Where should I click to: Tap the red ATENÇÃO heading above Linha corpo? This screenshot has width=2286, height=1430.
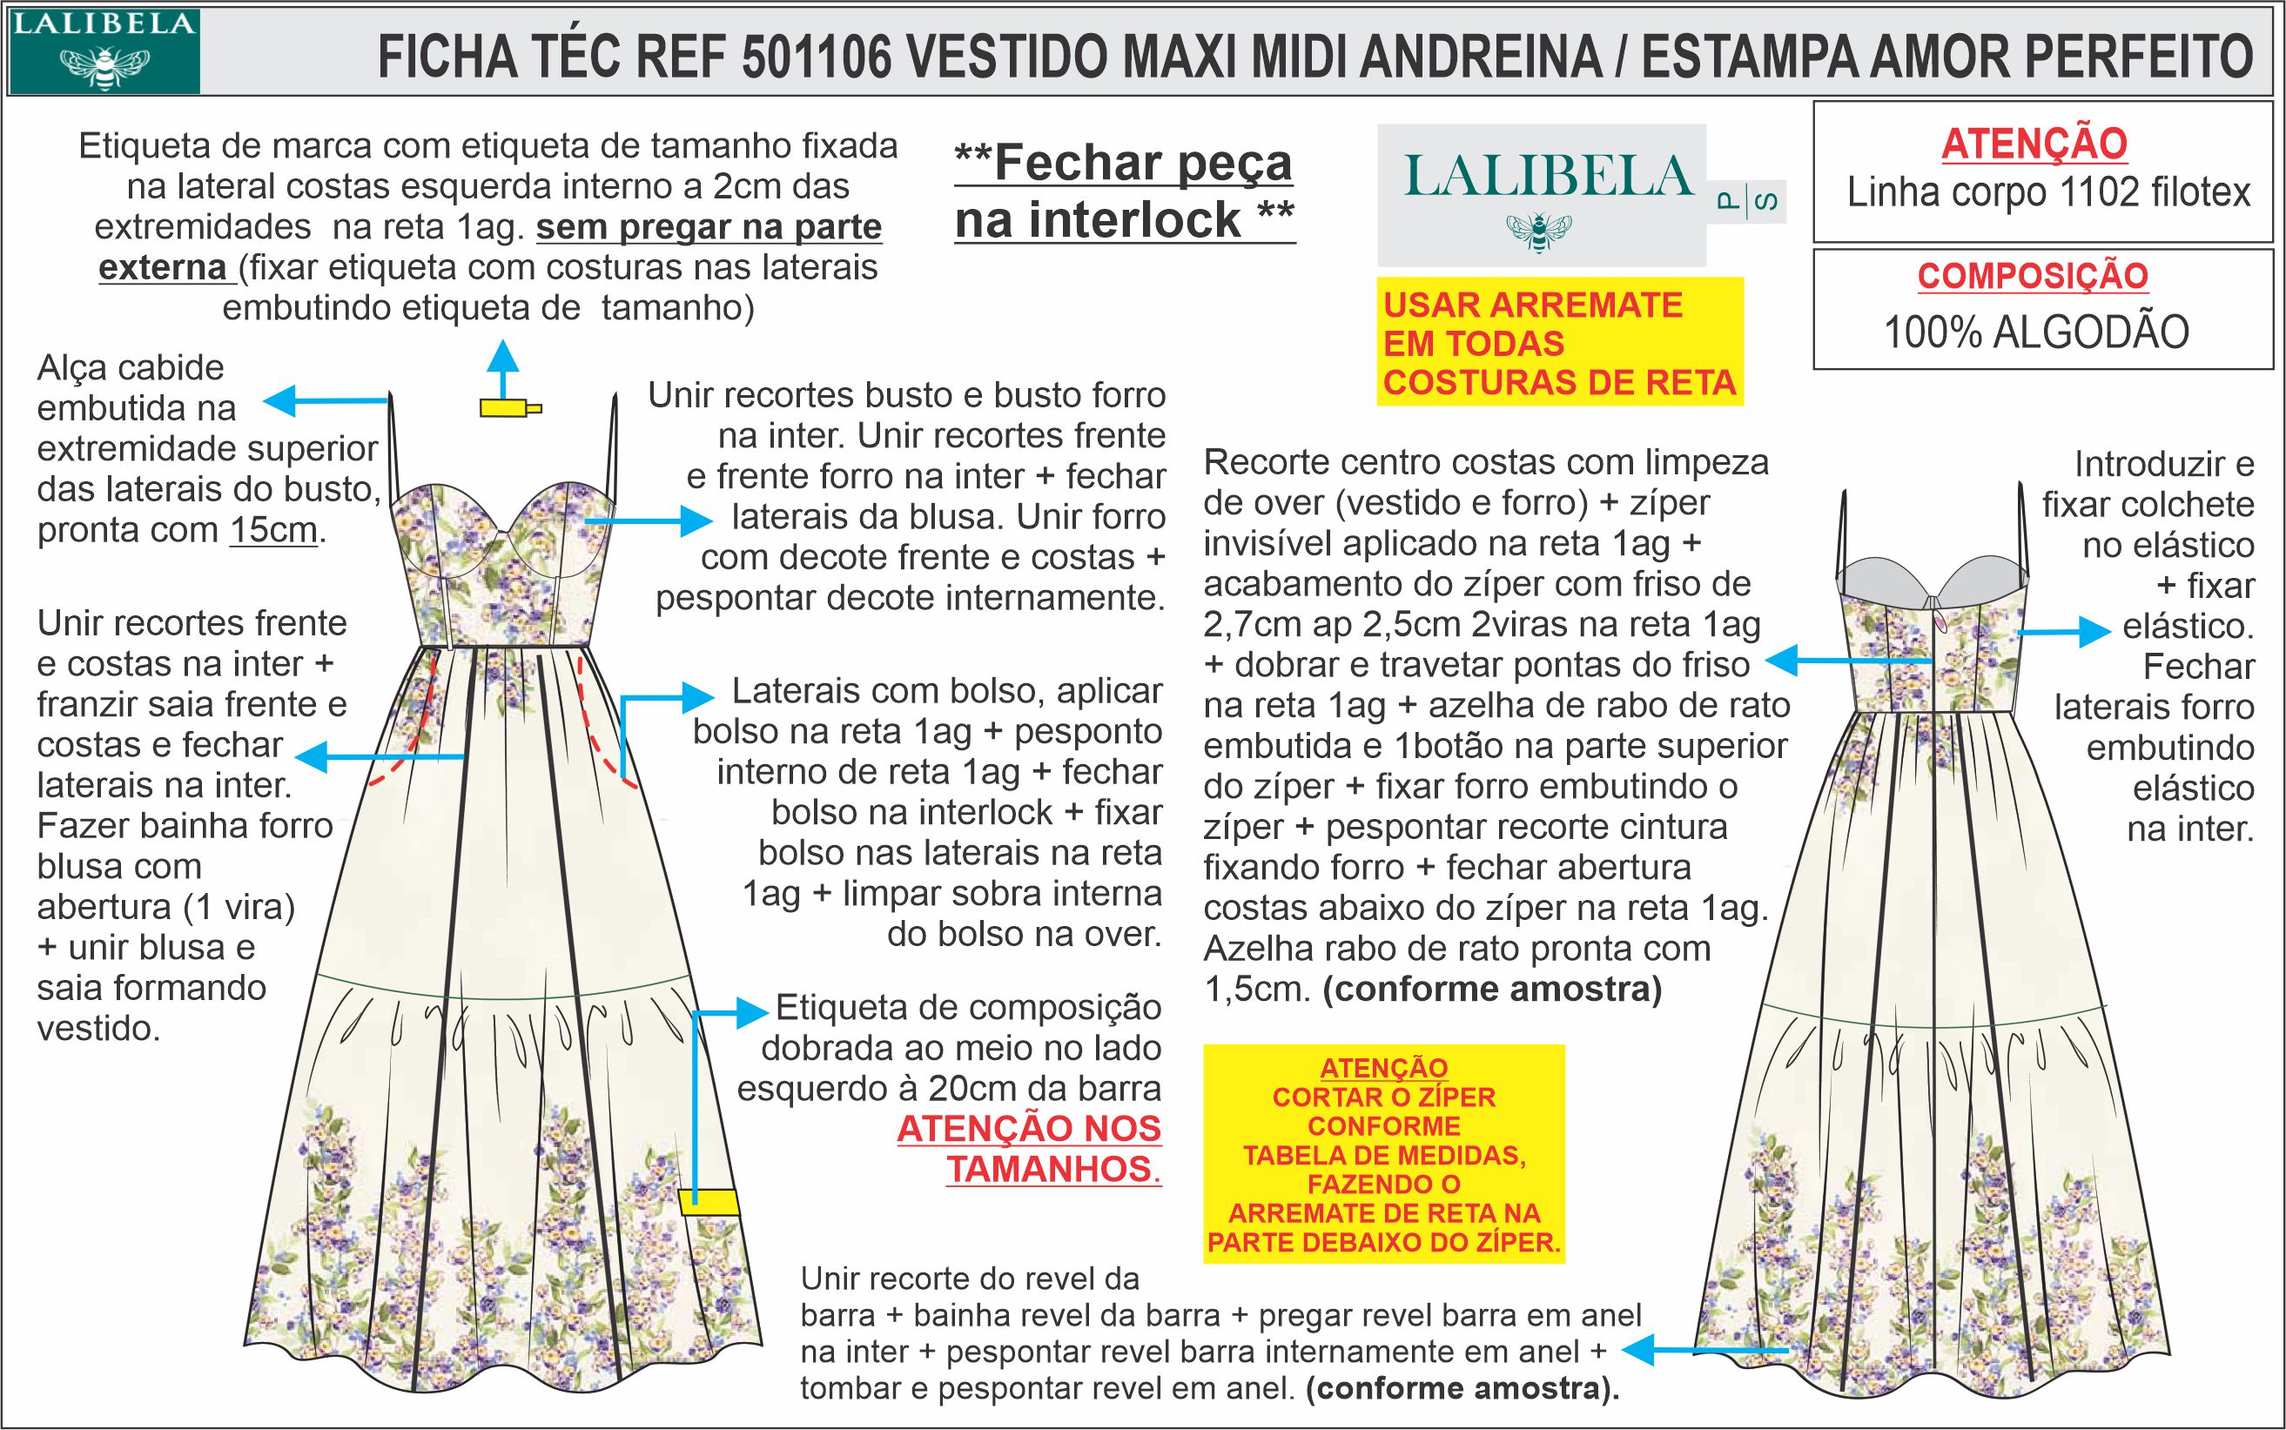[x=2034, y=144]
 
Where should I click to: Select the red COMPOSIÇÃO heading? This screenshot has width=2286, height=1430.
[x=2033, y=275]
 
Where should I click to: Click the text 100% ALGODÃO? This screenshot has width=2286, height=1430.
[x=2036, y=332]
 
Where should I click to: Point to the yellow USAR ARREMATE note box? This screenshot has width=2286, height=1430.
[x=1560, y=341]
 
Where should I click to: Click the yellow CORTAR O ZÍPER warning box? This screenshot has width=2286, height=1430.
[x=1384, y=1154]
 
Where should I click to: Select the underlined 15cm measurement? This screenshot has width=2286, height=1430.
[x=273, y=531]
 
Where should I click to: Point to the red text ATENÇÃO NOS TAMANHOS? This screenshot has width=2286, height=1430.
[x=1029, y=1149]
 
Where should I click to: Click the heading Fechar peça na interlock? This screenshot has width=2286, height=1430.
[x=1125, y=192]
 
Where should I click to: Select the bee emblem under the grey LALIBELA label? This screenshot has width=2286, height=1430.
[x=1540, y=229]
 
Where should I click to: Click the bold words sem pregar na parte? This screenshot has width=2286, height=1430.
[x=709, y=227]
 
